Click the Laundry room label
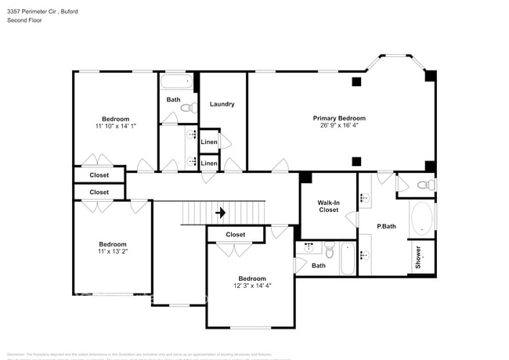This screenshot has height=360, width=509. (222, 104)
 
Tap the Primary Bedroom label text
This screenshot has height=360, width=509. (339, 118)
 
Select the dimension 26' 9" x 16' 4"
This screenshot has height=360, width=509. (339, 126)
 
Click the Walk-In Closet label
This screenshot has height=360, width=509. (328, 206)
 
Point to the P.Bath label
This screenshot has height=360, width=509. (386, 227)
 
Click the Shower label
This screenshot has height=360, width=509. (418, 257)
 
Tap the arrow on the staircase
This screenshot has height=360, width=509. (221, 212)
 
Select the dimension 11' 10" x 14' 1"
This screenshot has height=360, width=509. (116, 126)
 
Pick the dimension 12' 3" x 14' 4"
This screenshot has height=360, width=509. (251, 286)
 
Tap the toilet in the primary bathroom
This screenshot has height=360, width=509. (422, 185)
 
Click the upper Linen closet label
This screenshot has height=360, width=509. (209, 142)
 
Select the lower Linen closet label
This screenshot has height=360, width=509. (209, 163)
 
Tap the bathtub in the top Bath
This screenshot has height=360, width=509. (176, 81)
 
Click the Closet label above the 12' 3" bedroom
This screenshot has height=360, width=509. (235, 235)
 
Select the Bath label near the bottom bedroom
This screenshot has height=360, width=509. (319, 265)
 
